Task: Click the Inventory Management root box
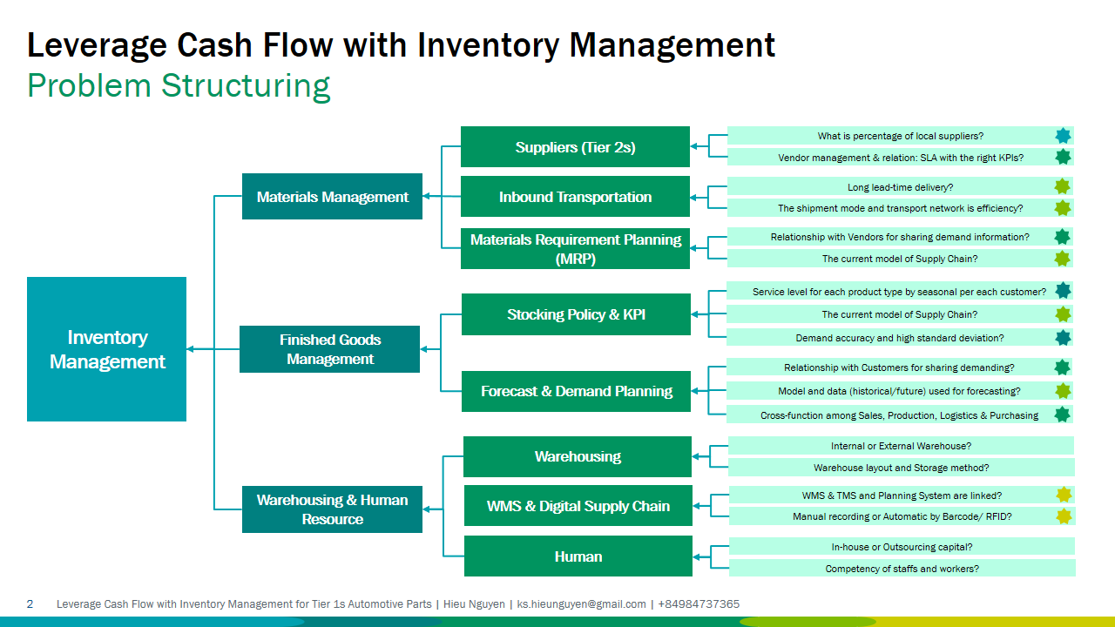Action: [106, 349]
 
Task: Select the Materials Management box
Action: [332, 197]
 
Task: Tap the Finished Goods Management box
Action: [329, 349]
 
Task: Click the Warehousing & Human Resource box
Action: [332, 509]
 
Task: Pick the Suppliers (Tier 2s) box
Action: [575, 147]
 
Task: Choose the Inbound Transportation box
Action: [575, 197]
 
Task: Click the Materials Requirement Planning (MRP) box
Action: [575, 248]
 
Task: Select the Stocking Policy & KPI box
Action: [576, 314]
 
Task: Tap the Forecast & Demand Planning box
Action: [576, 392]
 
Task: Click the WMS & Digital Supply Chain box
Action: [578, 506]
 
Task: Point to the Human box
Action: [578, 556]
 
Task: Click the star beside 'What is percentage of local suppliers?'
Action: [1063, 136]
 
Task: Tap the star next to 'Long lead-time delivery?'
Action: [1062, 186]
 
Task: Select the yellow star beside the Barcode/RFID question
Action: [1064, 516]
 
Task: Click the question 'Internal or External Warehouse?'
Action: [901, 446]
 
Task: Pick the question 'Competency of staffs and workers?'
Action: [902, 569]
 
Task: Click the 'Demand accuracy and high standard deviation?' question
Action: [899, 338]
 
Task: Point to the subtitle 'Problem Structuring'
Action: [179, 86]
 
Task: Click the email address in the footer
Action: [581, 604]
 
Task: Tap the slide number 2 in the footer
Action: [30, 604]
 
